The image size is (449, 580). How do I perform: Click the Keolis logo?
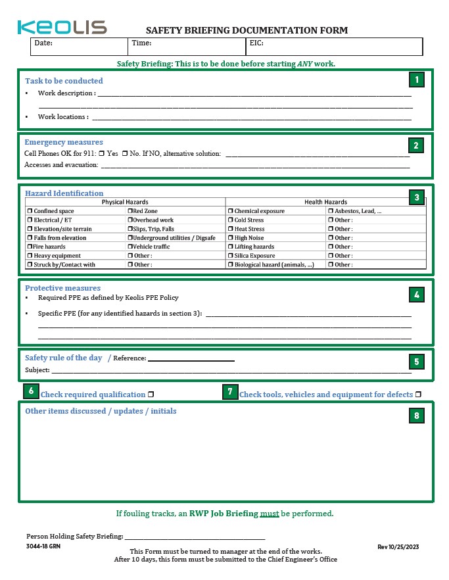pyautogui.click(x=62, y=27)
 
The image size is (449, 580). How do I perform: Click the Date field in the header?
pyautogui.click(x=79, y=46)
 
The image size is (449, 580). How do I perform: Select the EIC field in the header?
pyautogui.click(x=334, y=46)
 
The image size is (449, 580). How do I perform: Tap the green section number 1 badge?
pyautogui.click(x=416, y=80)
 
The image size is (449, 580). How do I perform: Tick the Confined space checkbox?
pyautogui.click(x=30, y=211)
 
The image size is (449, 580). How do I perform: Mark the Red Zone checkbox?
pyautogui.click(x=130, y=211)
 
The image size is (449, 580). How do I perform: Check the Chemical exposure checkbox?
pyautogui.click(x=231, y=211)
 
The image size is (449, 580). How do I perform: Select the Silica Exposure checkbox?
pyautogui.click(x=231, y=256)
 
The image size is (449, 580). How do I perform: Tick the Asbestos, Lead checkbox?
pyautogui.click(x=331, y=211)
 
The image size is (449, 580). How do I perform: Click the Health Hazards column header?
pyautogui.click(x=325, y=202)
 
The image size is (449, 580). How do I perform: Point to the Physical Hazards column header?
pyautogui.click(x=125, y=202)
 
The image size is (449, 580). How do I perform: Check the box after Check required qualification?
pyautogui.click(x=151, y=395)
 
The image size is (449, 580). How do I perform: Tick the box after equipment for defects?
pyautogui.click(x=418, y=395)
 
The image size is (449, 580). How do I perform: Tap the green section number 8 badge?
pyautogui.click(x=416, y=416)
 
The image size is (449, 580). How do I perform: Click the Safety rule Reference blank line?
pyautogui.click(x=191, y=359)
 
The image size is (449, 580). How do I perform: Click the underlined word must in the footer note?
pyautogui.click(x=270, y=514)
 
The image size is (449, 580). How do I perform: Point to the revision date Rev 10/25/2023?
pyautogui.click(x=398, y=547)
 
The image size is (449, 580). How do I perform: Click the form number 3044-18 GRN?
pyautogui.click(x=43, y=547)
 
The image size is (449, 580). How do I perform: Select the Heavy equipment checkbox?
pyautogui.click(x=30, y=256)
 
